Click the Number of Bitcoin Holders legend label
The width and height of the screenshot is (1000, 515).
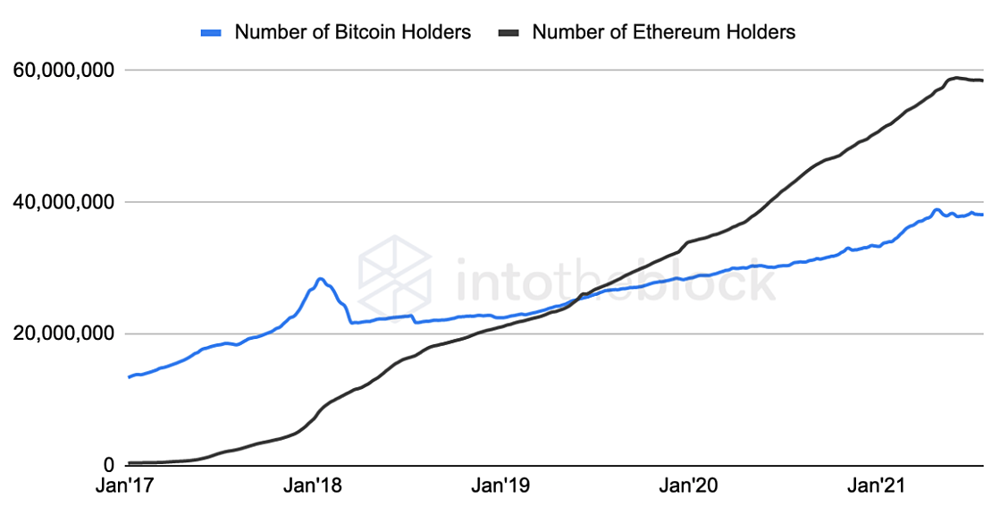352,32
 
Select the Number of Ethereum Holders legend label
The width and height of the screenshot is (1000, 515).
663,32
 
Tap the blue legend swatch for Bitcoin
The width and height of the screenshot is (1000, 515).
211,32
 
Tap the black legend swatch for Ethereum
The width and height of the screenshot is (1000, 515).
508,32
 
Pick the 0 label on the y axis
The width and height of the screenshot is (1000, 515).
110,465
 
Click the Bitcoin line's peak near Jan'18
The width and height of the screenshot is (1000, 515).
320,279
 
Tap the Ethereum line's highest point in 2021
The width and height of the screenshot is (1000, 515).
956,78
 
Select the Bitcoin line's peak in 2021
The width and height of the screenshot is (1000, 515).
937,209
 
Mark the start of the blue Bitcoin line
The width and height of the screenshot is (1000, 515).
130,376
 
